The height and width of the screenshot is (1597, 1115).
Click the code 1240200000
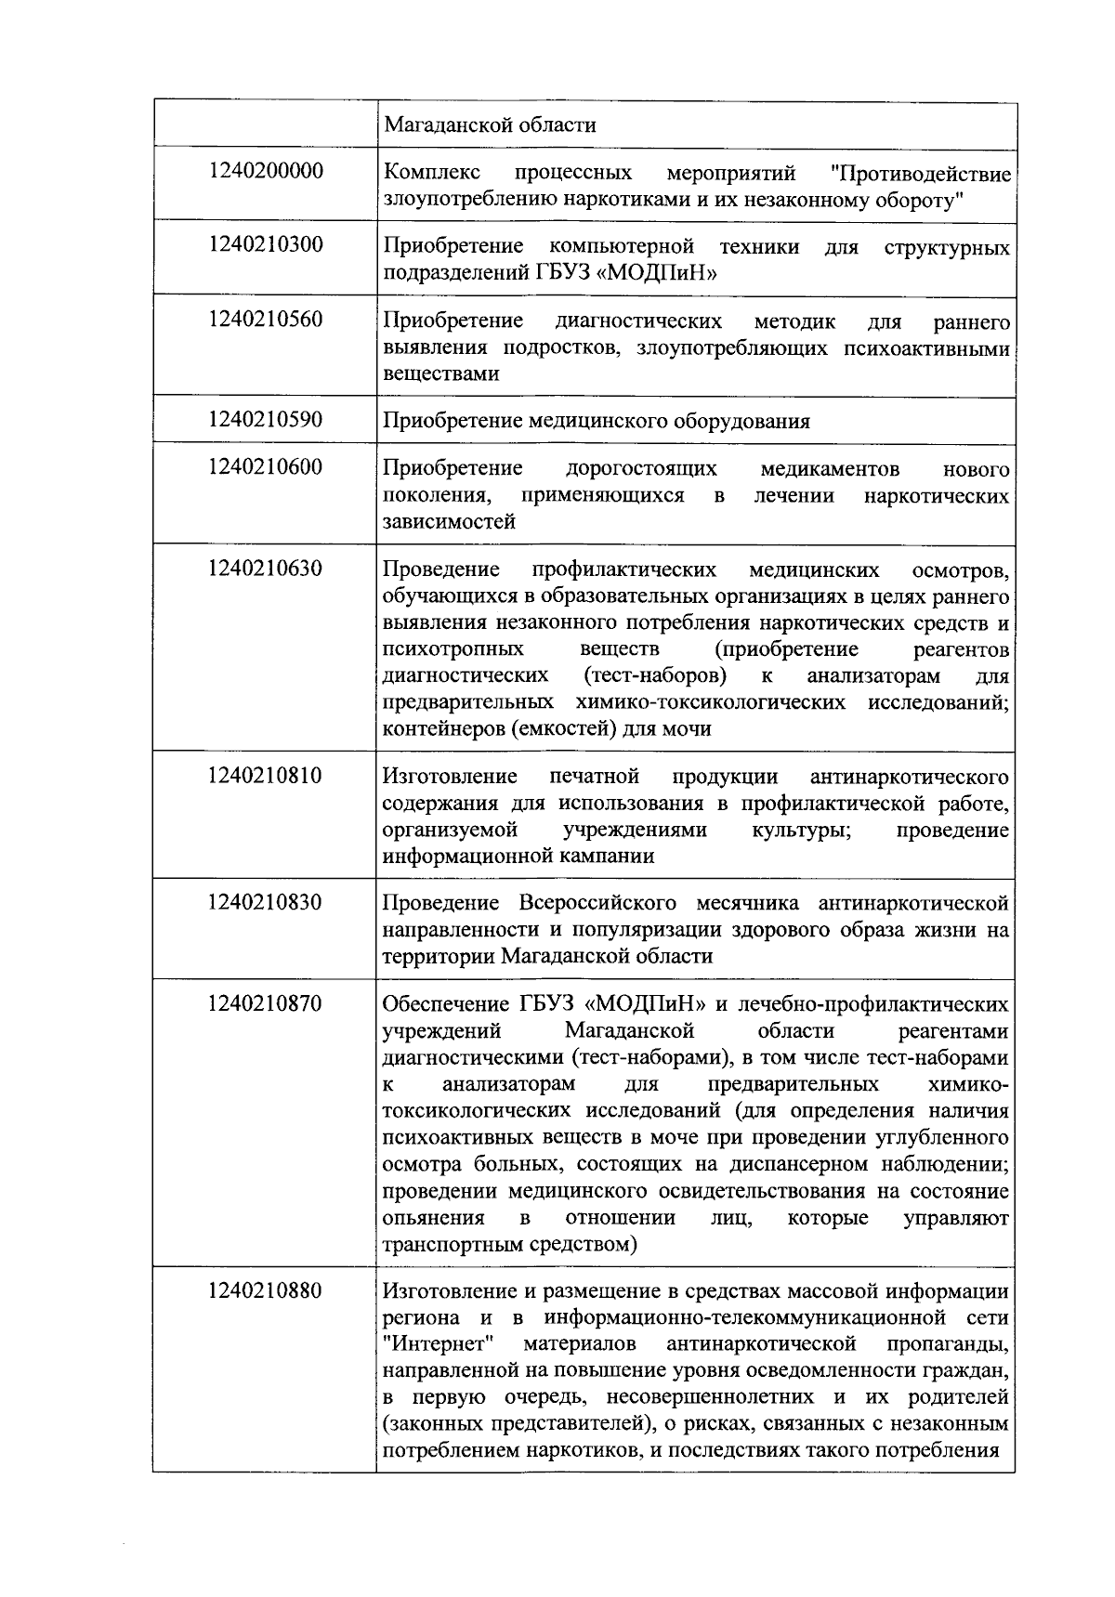(x=266, y=172)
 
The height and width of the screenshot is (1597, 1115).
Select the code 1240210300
(x=266, y=245)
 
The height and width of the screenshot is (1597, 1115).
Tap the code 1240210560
(x=266, y=320)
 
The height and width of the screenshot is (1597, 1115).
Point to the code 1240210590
(x=266, y=420)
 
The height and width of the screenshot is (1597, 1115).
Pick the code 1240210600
(x=266, y=467)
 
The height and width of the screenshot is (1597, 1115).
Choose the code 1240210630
(x=266, y=569)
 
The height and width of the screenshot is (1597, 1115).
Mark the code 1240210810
(x=266, y=776)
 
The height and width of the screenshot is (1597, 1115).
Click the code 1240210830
(x=266, y=902)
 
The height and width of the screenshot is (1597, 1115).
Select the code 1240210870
(x=266, y=1004)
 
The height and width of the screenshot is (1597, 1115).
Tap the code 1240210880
(x=266, y=1291)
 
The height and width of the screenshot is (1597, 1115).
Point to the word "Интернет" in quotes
(x=437, y=1344)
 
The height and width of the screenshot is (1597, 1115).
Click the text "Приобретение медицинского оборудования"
(x=596, y=422)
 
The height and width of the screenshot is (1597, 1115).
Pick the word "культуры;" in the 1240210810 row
(x=800, y=830)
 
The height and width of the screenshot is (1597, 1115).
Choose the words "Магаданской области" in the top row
(x=490, y=124)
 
